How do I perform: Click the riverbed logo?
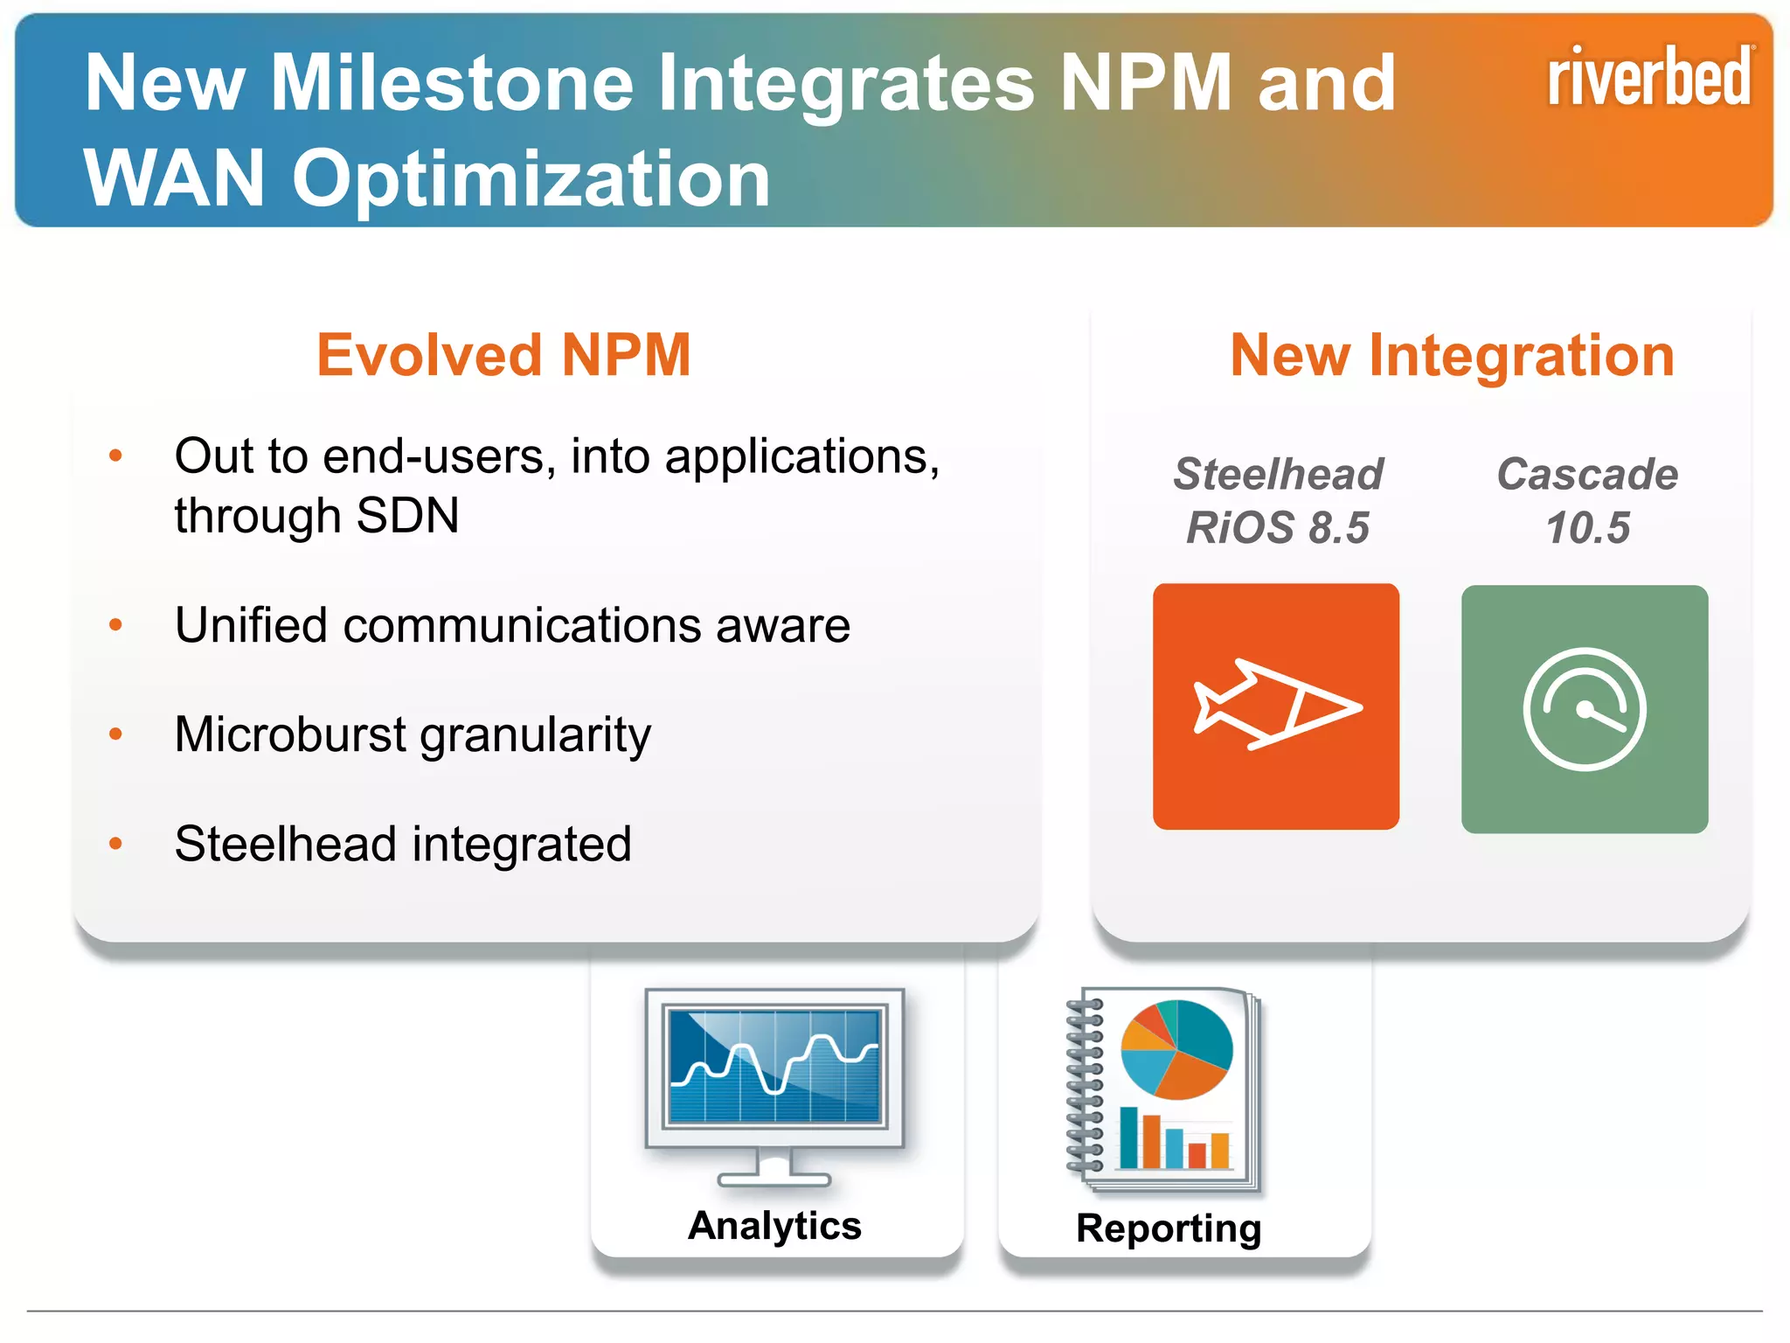(1649, 77)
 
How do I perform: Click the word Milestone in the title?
(452, 83)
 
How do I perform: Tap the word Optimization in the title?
(531, 179)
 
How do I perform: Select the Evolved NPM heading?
(503, 356)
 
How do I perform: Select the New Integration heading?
(1452, 356)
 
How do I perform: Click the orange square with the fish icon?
(1276, 706)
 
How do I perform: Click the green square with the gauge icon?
(1585, 709)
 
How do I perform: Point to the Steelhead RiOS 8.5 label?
(1278, 501)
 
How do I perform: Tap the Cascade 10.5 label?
(1587, 501)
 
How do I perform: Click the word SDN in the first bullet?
(407, 515)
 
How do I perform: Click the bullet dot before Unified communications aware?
(115, 624)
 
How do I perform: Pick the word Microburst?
(290, 734)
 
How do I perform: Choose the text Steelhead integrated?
(403, 845)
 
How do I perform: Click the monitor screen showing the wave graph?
(774, 1067)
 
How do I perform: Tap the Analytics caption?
(774, 1225)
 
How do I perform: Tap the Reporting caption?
(1169, 1228)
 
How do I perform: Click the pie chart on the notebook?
(1176, 1049)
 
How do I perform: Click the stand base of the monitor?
(774, 1178)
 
